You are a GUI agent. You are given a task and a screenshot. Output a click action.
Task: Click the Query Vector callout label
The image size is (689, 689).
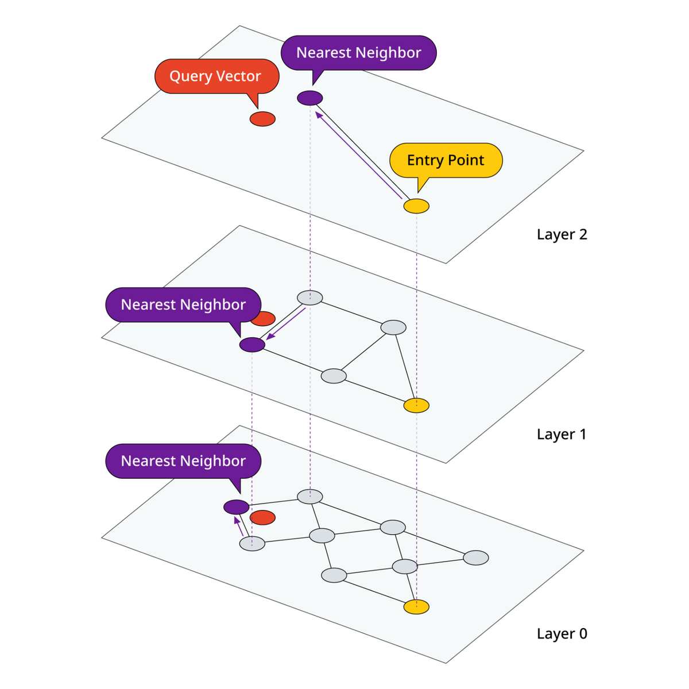(x=216, y=76)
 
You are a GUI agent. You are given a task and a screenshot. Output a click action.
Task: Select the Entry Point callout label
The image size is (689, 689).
(x=446, y=160)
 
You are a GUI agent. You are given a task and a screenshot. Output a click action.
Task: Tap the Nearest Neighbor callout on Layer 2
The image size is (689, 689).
(x=359, y=53)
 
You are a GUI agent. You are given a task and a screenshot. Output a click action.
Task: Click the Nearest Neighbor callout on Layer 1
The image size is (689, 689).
(x=183, y=304)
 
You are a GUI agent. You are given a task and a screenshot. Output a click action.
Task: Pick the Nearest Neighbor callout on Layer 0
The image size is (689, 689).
(x=183, y=460)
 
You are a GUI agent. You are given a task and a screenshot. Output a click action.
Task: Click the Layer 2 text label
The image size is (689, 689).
(x=562, y=234)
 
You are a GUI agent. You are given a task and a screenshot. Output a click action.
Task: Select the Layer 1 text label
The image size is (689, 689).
(x=562, y=434)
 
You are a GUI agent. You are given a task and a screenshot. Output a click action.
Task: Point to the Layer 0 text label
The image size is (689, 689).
(x=562, y=633)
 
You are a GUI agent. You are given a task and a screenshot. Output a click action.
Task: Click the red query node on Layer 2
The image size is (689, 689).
(x=262, y=119)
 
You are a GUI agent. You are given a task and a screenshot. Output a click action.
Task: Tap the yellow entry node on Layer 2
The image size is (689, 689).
(x=416, y=206)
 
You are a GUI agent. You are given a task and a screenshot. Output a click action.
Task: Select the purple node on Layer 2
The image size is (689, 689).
(x=310, y=98)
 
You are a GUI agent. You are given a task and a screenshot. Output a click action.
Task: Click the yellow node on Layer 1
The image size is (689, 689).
(x=416, y=405)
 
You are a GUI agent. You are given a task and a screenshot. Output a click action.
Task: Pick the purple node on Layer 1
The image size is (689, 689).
(x=252, y=344)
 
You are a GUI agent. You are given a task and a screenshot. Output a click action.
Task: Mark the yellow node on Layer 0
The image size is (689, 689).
(x=416, y=606)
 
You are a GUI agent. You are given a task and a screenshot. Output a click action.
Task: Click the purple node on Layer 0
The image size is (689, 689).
(x=236, y=507)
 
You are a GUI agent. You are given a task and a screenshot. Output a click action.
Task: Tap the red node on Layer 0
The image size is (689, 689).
(x=262, y=517)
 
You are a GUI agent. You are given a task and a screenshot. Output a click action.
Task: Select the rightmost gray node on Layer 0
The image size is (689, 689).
(x=476, y=558)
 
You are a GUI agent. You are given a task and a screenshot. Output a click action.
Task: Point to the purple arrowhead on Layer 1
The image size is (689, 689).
(x=269, y=337)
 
